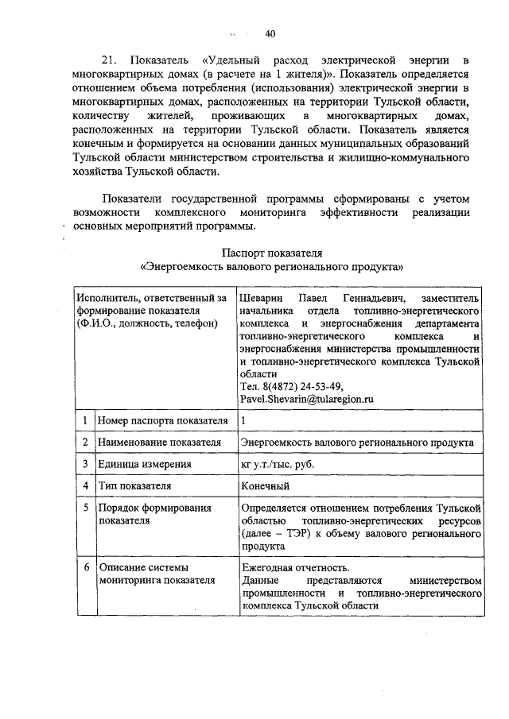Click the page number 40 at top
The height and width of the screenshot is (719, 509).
pos(270,34)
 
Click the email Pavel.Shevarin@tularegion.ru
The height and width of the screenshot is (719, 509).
pos(306,399)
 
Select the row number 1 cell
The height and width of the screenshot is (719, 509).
pos(84,420)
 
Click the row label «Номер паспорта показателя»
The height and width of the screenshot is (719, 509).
pos(162,420)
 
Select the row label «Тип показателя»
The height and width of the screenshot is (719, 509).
pos(134,485)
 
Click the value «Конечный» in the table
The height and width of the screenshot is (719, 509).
pos(266,485)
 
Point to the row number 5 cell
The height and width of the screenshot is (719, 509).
pos(84,508)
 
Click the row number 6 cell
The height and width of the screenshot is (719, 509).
pos(84,567)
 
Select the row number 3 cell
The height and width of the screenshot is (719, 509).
pos(84,464)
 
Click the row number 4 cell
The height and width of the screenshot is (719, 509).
pos(84,485)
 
